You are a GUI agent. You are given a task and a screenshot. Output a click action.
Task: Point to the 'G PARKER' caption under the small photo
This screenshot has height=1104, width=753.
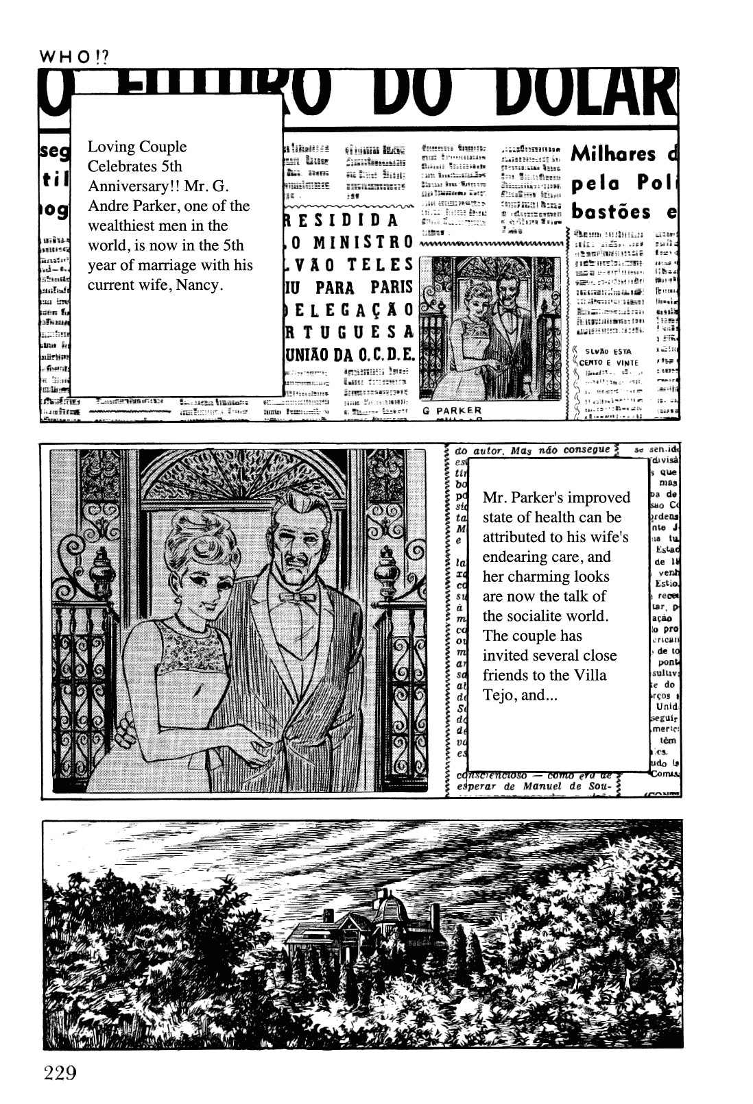(x=452, y=410)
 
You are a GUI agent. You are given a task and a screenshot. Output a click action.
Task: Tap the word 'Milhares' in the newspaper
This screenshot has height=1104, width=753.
(x=613, y=154)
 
